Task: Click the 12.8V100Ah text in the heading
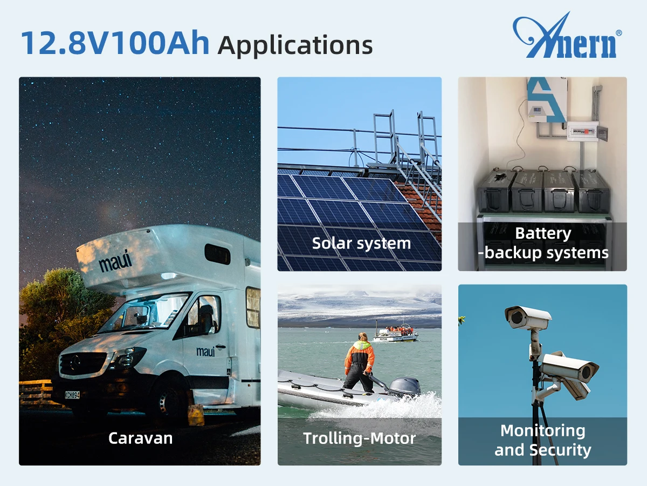[115, 43]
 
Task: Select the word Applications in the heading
[295, 45]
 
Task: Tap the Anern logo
[567, 35]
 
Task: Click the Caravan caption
[140, 438]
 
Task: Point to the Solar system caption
[361, 244]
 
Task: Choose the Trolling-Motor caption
[359, 438]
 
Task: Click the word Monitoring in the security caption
[543, 431]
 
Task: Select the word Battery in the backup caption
[543, 234]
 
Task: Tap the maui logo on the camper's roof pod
[115, 261]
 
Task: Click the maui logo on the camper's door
[206, 351]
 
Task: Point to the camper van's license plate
[72, 395]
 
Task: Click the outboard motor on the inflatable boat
[405, 387]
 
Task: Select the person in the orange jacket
[359, 363]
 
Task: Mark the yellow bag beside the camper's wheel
[196, 415]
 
